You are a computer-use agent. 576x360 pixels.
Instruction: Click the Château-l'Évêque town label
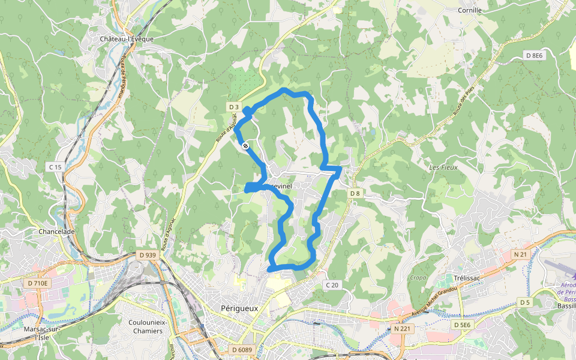click(127, 38)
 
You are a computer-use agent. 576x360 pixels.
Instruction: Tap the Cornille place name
click(470, 10)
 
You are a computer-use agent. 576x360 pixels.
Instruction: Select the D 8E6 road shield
click(534, 55)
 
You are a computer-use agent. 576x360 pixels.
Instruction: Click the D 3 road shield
click(233, 107)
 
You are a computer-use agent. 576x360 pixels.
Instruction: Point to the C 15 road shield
click(55, 166)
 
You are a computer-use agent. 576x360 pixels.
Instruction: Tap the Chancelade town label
click(56, 232)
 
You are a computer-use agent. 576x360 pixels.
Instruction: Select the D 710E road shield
click(38, 282)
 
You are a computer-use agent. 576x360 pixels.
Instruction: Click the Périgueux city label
click(235, 308)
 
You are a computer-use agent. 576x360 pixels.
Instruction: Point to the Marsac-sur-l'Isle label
click(41, 333)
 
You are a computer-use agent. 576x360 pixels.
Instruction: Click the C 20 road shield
click(332, 284)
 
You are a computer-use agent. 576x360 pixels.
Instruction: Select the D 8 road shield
click(355, 193)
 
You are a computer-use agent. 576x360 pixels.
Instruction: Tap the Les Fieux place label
click(443, 167)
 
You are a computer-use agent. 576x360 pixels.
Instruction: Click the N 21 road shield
click(520, 254)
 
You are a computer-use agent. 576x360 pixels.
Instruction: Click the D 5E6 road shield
click(463, 325)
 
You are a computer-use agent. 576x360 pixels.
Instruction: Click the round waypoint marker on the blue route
click(245, 145)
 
